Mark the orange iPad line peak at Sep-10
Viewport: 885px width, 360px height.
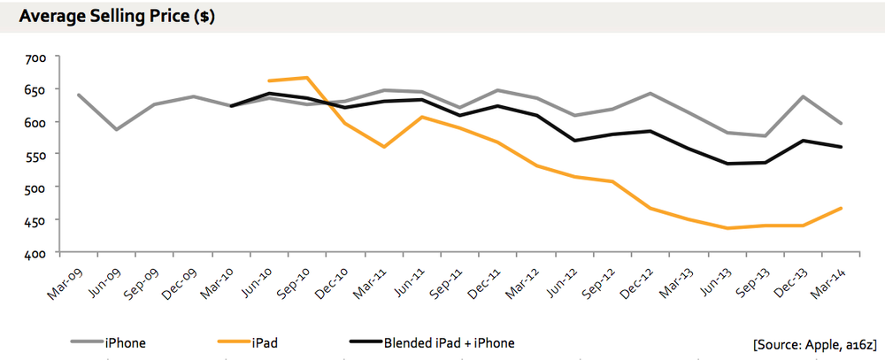coord(306,78)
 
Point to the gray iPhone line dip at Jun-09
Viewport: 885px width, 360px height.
coord(117,130)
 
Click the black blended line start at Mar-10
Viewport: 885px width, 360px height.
coord(231,106)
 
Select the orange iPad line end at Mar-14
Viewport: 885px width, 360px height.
coord(840,208)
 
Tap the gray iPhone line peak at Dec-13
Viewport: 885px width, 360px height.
coord(802,96)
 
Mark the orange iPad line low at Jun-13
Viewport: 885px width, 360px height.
coord(726,228)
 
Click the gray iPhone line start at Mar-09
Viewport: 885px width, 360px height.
coord(79,95)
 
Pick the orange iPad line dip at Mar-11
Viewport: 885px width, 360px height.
coord(383,147)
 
